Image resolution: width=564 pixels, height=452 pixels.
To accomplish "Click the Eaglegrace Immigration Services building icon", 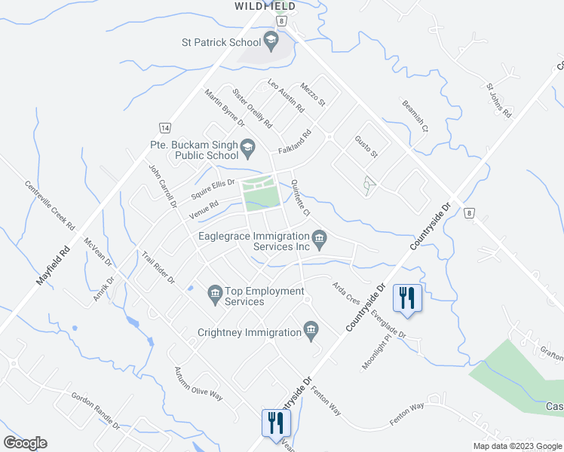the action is pos(319,240).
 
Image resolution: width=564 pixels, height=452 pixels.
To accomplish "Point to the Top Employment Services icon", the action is pos(214,292).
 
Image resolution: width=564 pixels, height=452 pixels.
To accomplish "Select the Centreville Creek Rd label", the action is pos(50,204).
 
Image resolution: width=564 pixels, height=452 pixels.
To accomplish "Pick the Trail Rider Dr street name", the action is pos(158,267).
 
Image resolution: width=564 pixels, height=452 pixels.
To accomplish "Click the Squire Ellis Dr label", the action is pos(213,186).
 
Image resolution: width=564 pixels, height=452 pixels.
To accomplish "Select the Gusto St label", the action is pos(366,145).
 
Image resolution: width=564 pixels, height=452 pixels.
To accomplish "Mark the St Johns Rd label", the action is pos(499,101).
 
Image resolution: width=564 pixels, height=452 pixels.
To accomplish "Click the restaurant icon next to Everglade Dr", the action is pos(407,298).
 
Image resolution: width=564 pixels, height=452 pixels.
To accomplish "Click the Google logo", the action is pos(25,443).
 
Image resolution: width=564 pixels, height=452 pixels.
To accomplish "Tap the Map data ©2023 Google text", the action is pos(516,446).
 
